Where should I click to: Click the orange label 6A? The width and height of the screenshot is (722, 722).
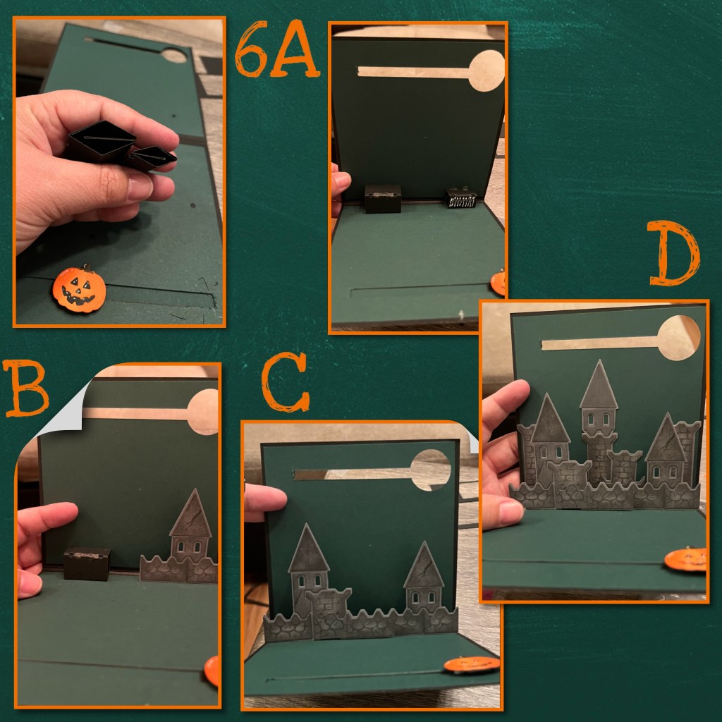[x=277, y=49]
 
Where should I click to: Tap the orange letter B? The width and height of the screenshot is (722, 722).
[x=26, y=388]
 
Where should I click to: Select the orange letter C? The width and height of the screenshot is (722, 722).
[x=286, y=381]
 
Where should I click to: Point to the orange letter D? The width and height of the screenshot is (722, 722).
[x=675, y=253]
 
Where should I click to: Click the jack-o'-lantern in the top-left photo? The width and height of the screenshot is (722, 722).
[x=79, y=288]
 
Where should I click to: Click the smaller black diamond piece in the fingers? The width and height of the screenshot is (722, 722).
[x=152, y=159]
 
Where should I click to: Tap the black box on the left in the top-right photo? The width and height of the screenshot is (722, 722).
[x=383, y=199]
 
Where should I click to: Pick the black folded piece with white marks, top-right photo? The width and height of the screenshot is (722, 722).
[x=461, y=197]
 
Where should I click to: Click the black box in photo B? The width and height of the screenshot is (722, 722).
[x=87, y=563]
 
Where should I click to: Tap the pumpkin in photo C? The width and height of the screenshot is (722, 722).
[x=472, y=664]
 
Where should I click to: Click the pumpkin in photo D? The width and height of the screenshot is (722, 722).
[x=685, y=559]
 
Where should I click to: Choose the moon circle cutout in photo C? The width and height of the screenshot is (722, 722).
[x=431, y=470]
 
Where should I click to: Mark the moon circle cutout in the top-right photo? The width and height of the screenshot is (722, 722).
[x=487, y=71]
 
